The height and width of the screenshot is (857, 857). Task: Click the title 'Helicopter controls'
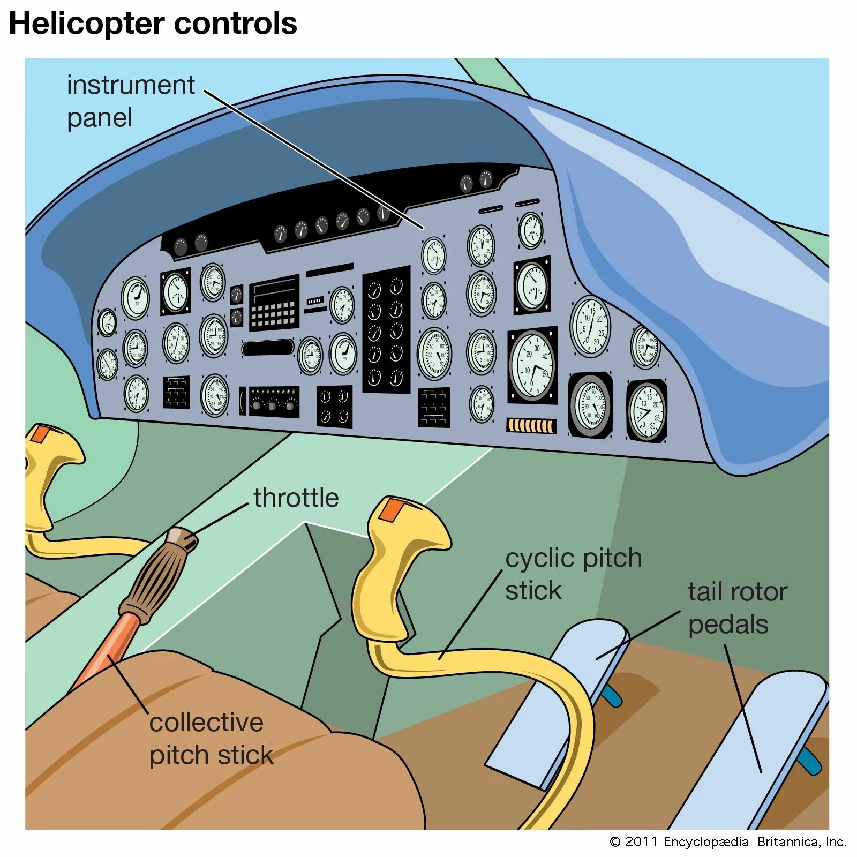click(153, 24)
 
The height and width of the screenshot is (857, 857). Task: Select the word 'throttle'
click(296, 498)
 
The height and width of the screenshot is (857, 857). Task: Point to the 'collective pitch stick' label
click(211, 739)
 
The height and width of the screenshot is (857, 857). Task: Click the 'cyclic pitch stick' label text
click(573, 574)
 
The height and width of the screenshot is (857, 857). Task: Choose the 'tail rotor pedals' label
click(737, 608)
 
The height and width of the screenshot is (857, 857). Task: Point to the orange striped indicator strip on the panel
click(531, 426)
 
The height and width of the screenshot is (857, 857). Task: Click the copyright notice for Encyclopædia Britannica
click(727, 841)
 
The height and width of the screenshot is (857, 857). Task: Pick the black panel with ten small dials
click(386, 330)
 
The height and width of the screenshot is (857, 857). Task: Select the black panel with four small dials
click(334, 406)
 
